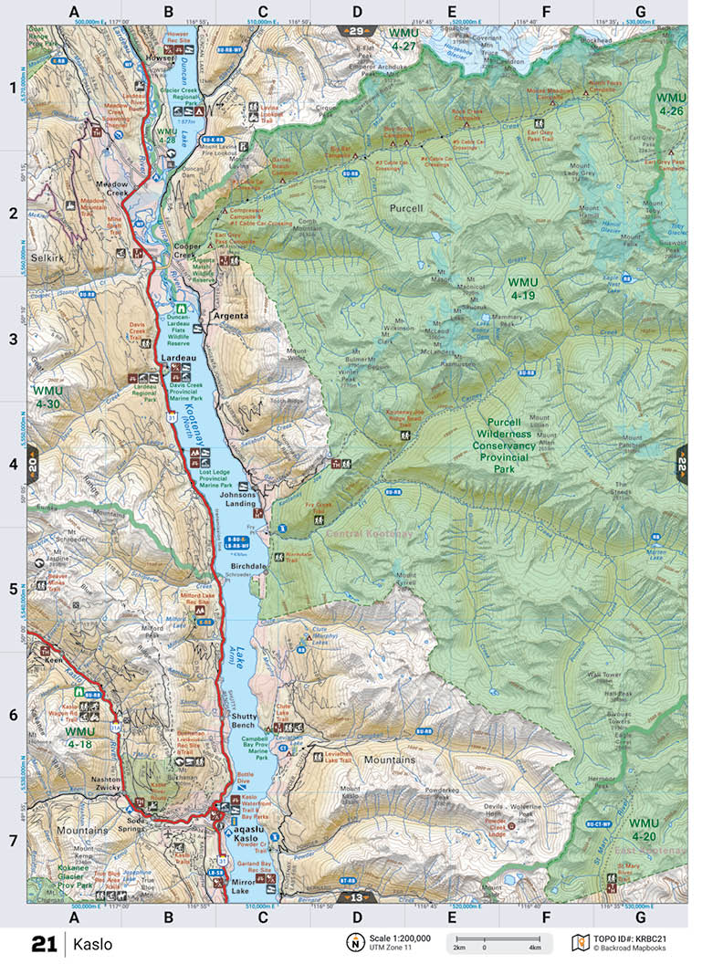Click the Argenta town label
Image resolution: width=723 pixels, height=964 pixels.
click(x=230, y=316)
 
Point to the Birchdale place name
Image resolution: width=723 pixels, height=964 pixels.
click(x=247, y=566)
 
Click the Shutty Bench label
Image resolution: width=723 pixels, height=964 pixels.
click(x=246, y=721)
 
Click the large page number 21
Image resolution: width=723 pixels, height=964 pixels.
click(x=44, y=944)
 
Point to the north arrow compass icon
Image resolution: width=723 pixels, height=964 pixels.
click(x=352, y=942)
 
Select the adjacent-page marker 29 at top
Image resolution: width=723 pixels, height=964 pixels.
click(x=355, y=31)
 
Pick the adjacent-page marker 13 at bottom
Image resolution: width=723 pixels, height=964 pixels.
click(x=355, y=897)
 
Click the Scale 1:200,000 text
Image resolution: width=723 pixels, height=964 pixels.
click(x=398, y=938)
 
